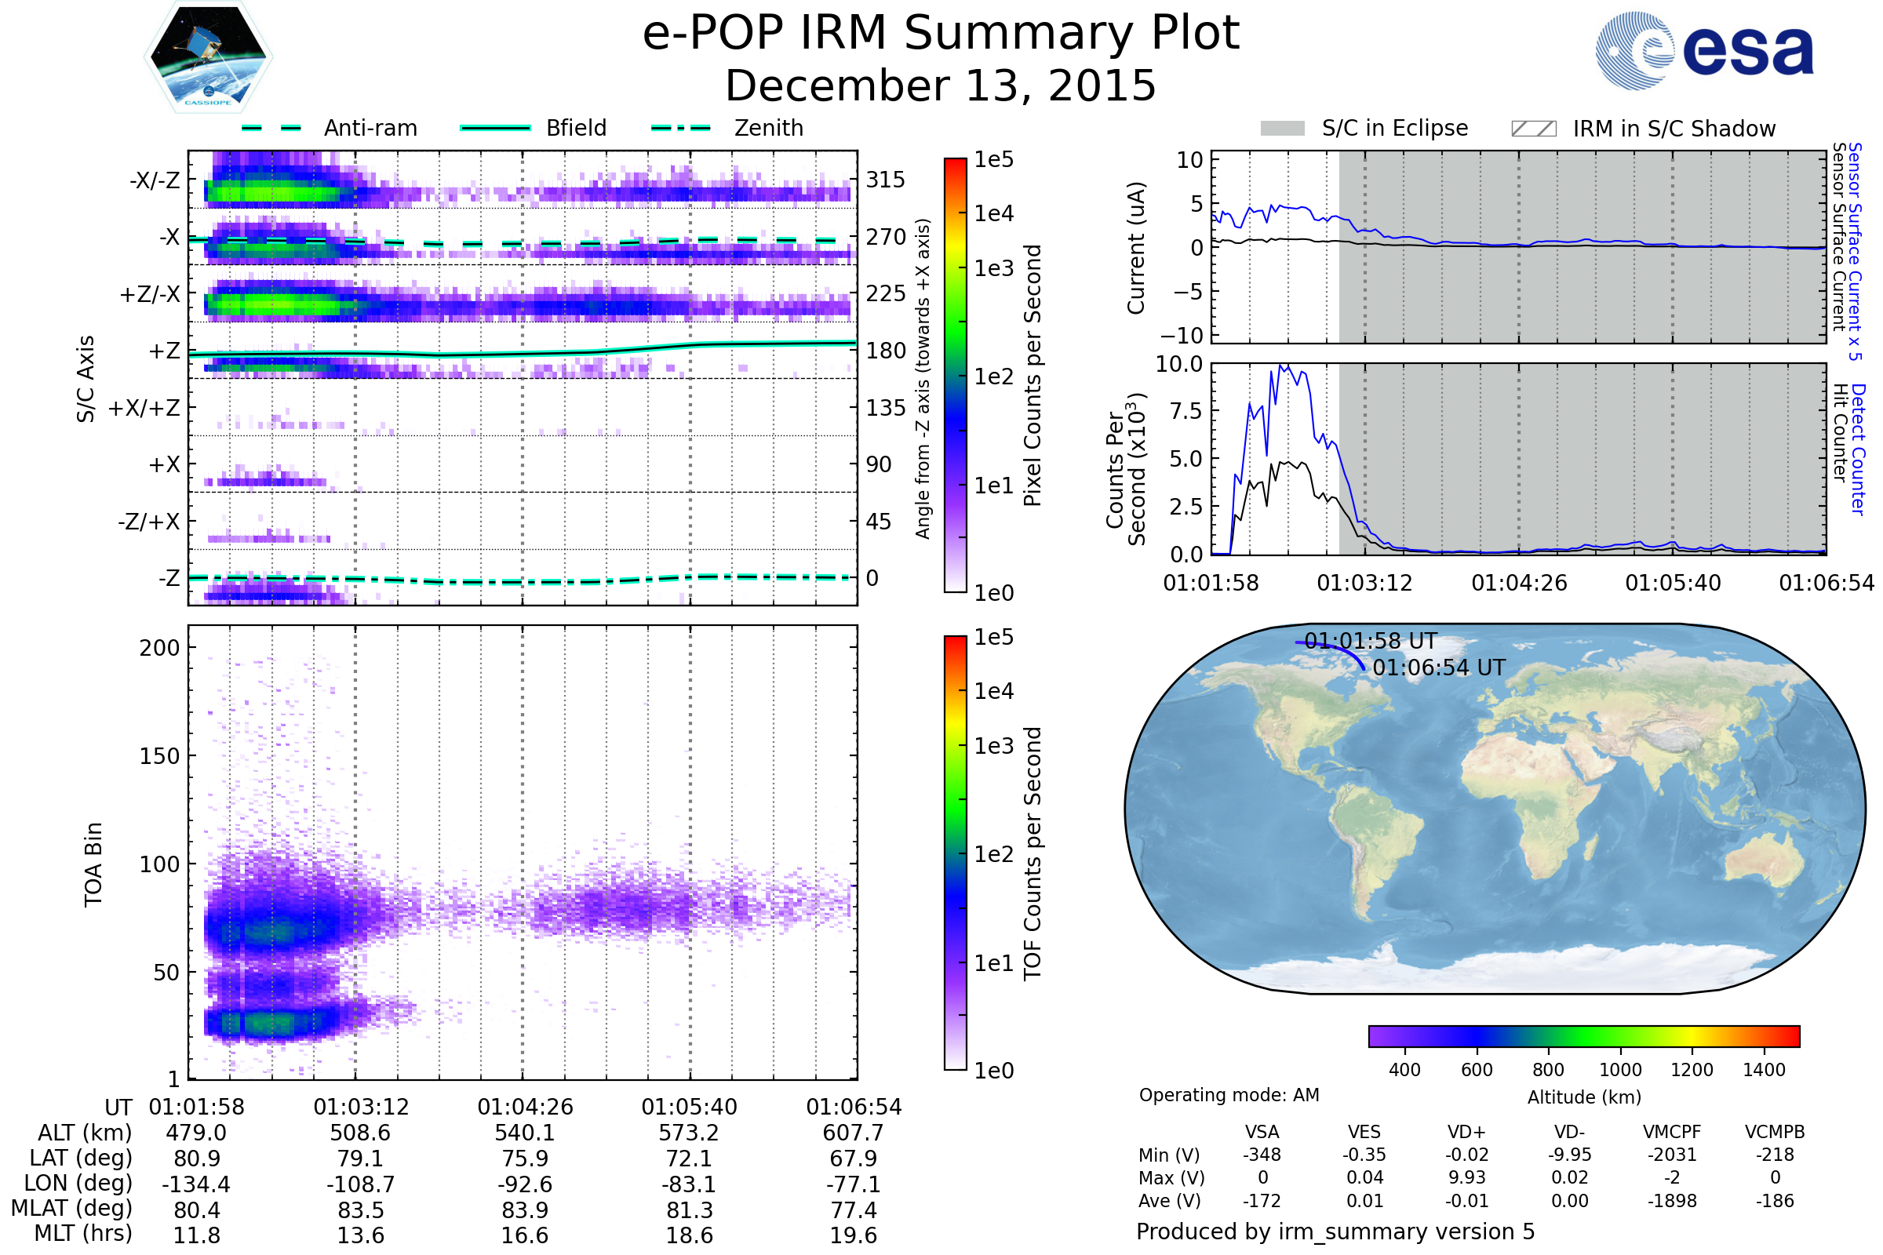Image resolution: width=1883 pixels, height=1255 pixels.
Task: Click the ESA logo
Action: [x=1704, y=50]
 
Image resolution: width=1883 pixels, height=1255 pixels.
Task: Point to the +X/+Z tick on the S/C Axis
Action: [x=144, y=408]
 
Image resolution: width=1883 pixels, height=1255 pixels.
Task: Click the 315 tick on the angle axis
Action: [x=885, y=180]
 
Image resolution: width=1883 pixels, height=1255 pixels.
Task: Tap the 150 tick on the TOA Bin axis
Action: [x=159, y=756]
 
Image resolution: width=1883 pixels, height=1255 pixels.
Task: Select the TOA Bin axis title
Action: [x=93, y=864]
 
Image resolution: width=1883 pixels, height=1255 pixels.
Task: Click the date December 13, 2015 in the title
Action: [x=941, y=85]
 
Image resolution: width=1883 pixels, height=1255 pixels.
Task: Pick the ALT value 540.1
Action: [x=525, y=1133]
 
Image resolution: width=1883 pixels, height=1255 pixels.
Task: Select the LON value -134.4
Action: [x=196, y=1184]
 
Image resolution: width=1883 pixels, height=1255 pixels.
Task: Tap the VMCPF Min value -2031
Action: [x=1672, y=1155]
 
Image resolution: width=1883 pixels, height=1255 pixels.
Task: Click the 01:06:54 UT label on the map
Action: [x=1439, y=668]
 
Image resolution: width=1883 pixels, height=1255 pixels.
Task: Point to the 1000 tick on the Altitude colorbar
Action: [x=1619, y=1070]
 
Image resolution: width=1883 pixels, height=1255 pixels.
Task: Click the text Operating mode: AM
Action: [x=1229, y=1095]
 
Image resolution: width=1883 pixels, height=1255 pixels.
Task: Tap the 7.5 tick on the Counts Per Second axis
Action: [x=1186, y=411]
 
